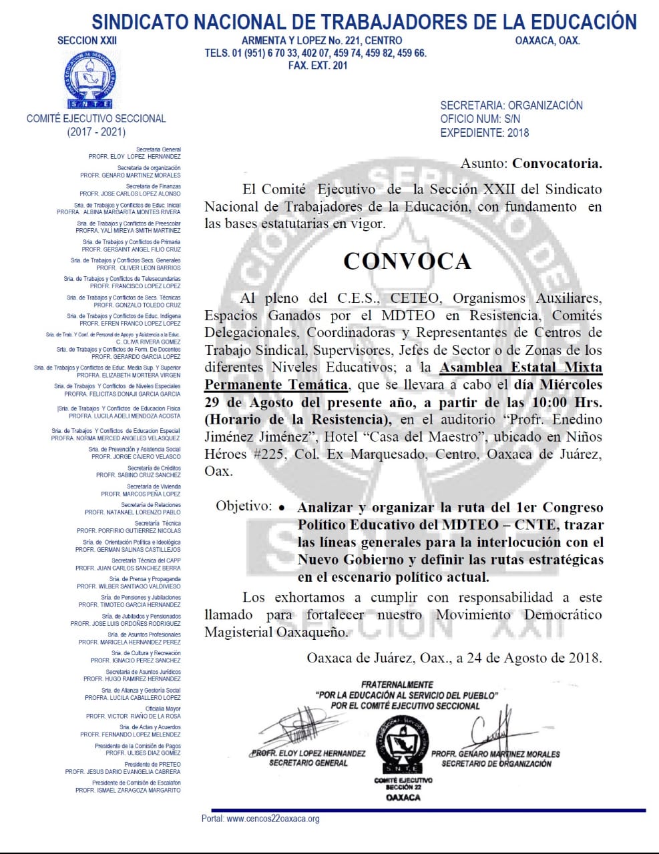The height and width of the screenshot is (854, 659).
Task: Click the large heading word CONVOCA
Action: (x=407, y=261)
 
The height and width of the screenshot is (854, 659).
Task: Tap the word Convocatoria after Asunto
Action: (x=557, y=163)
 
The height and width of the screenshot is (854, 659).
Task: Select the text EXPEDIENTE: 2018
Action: (x=484, y=132)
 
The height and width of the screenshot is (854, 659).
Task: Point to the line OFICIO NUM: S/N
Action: (x=480, y=119)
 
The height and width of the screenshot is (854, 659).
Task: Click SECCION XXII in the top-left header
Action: (x=87, y=40)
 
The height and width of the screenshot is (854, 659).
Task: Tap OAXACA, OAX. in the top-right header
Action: (x=547, y=40)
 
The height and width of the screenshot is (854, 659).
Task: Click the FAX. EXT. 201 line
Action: (x=318, y=65)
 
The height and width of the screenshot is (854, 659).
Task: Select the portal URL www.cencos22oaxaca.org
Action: (x=273, y=819)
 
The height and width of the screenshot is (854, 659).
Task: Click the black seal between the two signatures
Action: (x=403, y=743)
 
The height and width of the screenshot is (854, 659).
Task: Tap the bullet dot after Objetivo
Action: (x=282, y=508)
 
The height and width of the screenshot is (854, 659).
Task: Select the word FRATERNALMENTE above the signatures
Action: (x=397, y=685)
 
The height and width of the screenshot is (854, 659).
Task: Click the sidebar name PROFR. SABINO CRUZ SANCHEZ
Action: (x=138, y=475)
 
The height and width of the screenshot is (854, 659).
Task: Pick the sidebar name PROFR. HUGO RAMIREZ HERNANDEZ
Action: (x=132, y=679)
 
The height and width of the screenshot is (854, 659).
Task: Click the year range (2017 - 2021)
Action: (x=96, y=132)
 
